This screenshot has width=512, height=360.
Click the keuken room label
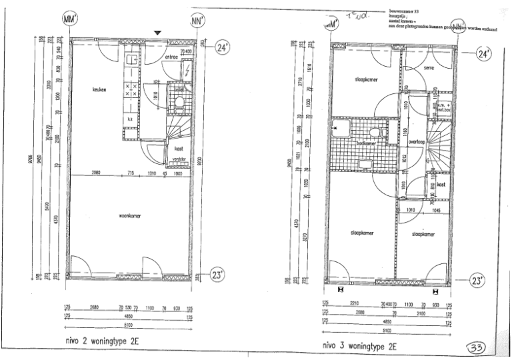point(100,89)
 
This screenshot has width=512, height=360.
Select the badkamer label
point(367,143)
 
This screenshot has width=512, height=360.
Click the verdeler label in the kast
point(178,159)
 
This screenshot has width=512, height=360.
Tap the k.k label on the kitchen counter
point(130,119)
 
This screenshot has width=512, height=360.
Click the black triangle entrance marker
point(157,33)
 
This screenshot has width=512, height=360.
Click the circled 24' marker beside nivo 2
point(223,47)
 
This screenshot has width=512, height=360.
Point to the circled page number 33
point(475,347)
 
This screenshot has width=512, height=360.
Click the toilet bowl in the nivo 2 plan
point(179,103)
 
